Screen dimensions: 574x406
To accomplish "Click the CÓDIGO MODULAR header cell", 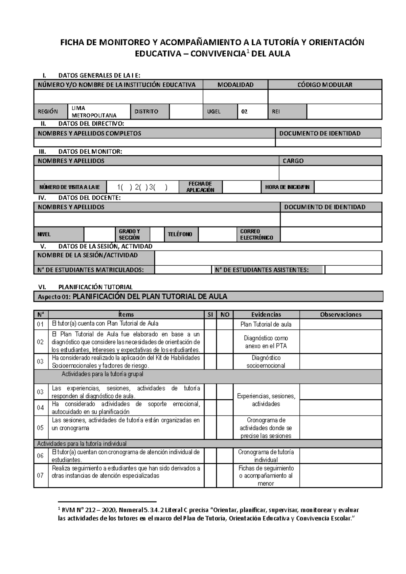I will (325, 85).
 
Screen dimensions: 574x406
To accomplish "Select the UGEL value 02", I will (244, 111).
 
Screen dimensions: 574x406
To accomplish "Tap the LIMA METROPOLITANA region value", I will (94, 111).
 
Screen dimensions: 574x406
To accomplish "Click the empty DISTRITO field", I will (186, 111).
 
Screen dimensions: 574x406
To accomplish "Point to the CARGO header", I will (293, 161).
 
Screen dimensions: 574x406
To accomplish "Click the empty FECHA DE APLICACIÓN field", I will (241, 187).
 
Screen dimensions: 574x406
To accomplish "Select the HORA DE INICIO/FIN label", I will (287, 187).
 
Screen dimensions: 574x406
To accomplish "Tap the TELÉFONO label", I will (180, 234).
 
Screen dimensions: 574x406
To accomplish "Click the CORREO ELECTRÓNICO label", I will (256, 234).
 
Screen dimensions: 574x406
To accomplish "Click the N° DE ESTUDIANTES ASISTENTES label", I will (262, 270).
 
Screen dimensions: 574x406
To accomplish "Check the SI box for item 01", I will (210, 324).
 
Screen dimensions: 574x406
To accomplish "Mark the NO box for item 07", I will (225, 476).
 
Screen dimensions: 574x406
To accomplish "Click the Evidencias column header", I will (266, 314).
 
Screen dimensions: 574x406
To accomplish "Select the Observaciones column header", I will (341, 314).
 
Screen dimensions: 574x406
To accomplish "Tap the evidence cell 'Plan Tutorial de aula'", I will (266, 324).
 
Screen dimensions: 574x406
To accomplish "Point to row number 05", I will (41, 428).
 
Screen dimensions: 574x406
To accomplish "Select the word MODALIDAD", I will (235, 85).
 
